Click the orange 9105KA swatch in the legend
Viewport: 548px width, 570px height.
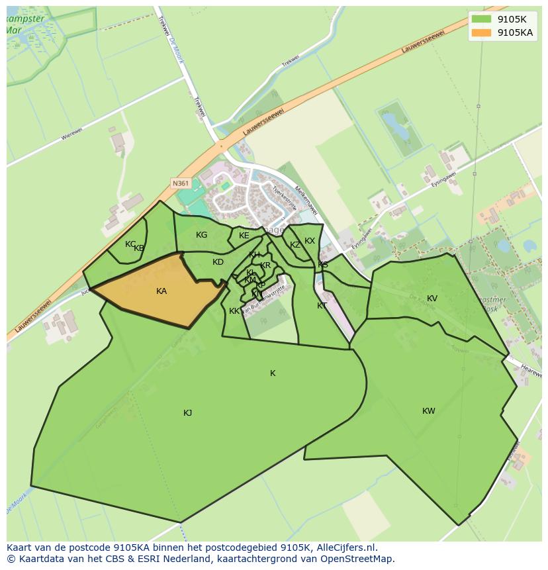(x=481, y=32)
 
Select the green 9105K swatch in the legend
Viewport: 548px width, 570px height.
(x=481, y=19)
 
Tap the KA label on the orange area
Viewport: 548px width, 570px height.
(x=161, y=291)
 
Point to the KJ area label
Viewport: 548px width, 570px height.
(x=188, y=413)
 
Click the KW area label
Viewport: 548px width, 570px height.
(x=429, y=411)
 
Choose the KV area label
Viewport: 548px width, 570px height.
(x=432, y=299)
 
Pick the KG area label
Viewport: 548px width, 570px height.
(x=202, y=235)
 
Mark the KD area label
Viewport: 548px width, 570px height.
(x=218, y=262)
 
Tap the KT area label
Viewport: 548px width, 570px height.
(x=322, y=306)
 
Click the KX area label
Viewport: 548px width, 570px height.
(x=310, y=241)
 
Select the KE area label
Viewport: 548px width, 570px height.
(x=244, y=236)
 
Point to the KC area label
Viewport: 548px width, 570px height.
(x=130, y=244)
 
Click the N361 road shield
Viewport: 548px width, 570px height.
(x=180, y=183)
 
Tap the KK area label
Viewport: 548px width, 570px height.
(x=234, y=311)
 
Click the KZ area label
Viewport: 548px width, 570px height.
(x=295, y=245)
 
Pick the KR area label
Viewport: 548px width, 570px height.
(x=265, y=265)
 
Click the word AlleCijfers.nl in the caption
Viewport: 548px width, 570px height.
(x=345, y=547)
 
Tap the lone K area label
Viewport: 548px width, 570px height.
(x=273, y=373)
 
